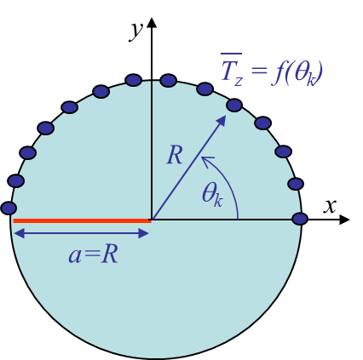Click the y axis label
click(x=135, y=31)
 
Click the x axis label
click(x=330, y=206)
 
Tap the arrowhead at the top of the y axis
click(x=152, y=23)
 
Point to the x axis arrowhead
click(x=344, y=220)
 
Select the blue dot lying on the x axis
click(x=300, y=219)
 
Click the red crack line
click(x=82, y=220)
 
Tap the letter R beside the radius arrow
click(x=175, y=155)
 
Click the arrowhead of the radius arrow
click(x=222, y=121)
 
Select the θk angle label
click(x=212, y=194)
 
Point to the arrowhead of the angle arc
click(x=205, y=160)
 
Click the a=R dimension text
click(x=93, y=254)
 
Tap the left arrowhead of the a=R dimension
click(x=20, y=234)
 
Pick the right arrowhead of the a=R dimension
click(x=143, y=234)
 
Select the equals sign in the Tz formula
click(x=259, y=70)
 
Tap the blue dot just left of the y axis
click(x=134, y=80)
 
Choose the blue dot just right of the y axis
click(x=168, y=80)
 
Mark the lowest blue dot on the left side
click(x=9, y=208)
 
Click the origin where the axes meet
click(x=152, y=220)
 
